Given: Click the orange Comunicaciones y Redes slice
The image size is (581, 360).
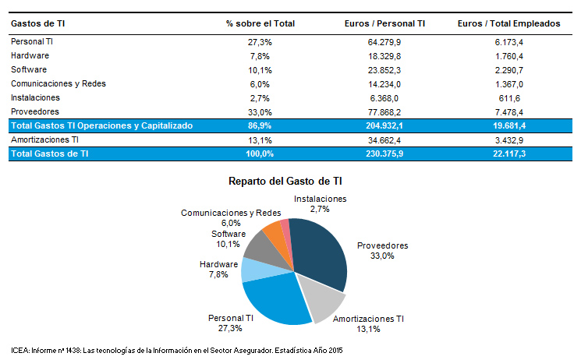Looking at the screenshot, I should point(275,232).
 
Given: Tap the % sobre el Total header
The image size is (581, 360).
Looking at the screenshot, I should point(260,23).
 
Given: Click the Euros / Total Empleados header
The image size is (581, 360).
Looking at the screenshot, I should point(508,23).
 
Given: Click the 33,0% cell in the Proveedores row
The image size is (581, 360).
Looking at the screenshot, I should point(260,111).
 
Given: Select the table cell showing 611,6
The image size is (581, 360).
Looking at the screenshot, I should point(508,97).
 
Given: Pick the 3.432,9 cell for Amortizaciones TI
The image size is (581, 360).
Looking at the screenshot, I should point(508,139).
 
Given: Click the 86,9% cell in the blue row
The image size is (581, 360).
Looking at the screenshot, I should point(260,125).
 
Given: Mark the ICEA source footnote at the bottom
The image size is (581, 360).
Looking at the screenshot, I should point(177,350).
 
